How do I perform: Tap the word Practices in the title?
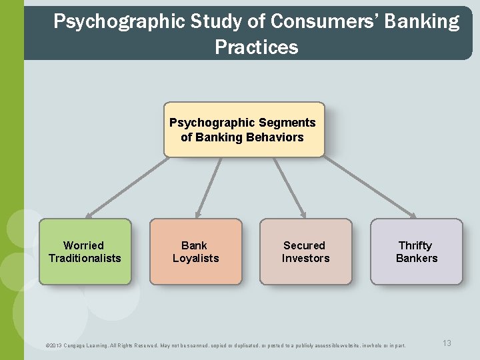[257, 47]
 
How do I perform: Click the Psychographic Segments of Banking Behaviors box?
[243, 129]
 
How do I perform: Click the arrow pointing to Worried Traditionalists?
[127, 187]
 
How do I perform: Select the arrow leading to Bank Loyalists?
[208, 187]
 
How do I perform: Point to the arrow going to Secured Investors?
[289, 187]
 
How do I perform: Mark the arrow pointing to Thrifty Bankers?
[370, 187]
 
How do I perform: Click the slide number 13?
[447, 343]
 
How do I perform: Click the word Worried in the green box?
[83, 245]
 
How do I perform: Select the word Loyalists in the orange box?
[195, 258]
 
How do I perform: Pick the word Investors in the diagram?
[305, 258]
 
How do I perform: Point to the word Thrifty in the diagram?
[415, 245]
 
